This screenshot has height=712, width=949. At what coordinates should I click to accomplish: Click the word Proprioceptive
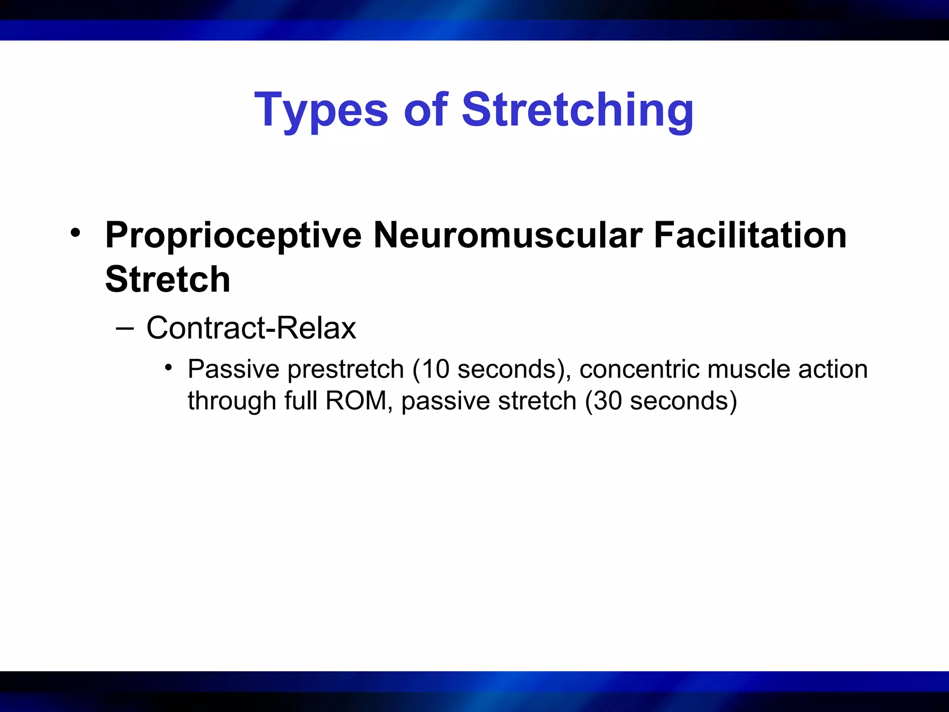[x=233, y=235]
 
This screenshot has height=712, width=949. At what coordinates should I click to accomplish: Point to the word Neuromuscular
[x=508, y=235]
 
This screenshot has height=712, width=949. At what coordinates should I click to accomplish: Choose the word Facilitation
[x=750, y=235]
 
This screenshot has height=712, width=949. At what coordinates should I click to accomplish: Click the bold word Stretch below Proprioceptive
[x=167, y=280]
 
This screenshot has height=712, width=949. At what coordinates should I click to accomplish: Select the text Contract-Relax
[x=251, y=328]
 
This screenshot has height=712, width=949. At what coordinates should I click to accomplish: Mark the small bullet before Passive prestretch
[x=169, y=368]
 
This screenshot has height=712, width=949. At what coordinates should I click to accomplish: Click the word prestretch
[x=346, y=370]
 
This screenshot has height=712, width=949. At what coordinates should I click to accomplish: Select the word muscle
[x=749, y=369]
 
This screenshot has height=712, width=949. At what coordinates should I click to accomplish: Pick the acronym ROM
[x=356, y=401]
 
